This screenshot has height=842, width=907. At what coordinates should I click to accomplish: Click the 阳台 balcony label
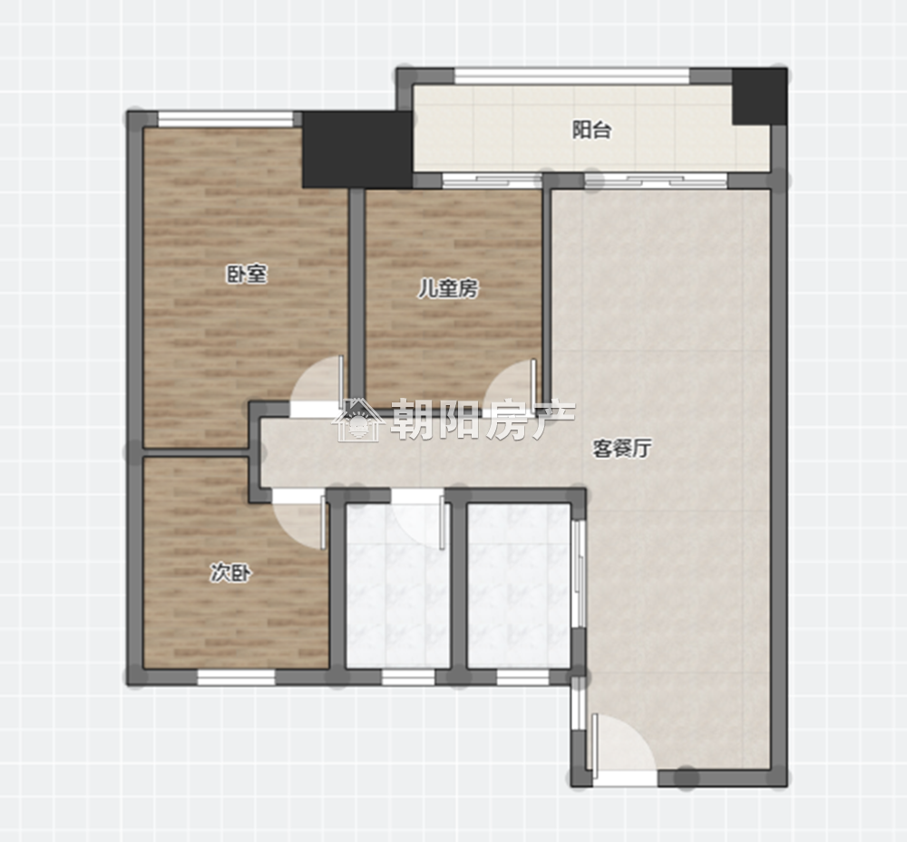pyautogui.click(x=591, y=130)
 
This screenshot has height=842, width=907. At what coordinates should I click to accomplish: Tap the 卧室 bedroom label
pyautogui.click(x=247, y=275)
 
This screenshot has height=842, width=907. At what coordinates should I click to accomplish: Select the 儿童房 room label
pyautogui.click(x=449, y=288)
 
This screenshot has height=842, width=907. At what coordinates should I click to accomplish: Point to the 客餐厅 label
pyautogui.click(x=622, y=448)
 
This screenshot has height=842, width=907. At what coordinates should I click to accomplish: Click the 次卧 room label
pyautogui.click(x=230, y=573)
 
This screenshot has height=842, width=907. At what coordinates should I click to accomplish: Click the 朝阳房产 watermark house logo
pyautogui.click(x=358, y=421)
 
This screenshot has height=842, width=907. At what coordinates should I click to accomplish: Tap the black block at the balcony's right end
pyautogui.click(x=759, y=96)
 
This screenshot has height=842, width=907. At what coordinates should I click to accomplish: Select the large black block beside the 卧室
pyautogui.click(x=357, y=150)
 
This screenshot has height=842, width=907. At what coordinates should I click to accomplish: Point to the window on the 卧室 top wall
pyautogui.click(x=226, y=119)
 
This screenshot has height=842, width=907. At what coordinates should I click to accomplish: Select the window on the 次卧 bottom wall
pyautogui.click(x=236, y=677)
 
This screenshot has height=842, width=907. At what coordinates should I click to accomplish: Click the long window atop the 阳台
pyautogui.click(x=572, y=76)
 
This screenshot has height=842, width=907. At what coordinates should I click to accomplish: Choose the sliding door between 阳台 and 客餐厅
pyautogui.click(x=655, y=181)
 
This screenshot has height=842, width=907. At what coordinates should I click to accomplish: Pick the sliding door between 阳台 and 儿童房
pyautogui.click(x=493, y=181)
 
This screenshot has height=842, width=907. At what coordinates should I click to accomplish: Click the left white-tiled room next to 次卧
pyautogui.click(x=397, y=586)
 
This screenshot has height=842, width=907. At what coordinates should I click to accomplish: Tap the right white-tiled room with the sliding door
pyautogui.click(x=519, y=586)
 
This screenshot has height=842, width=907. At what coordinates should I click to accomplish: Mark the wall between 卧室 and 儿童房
pyautogui.click(x=356, y=297)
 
